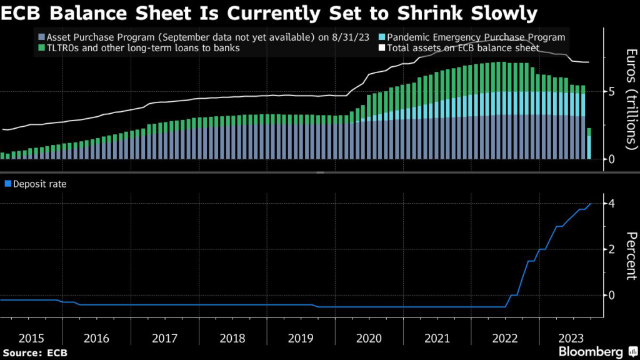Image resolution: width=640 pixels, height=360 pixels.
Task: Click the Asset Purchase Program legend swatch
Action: coord(41,37)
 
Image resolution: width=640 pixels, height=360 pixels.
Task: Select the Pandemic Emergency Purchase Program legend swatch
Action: coord(381,37)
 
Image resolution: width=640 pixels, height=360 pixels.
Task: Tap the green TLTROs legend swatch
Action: coord(41,48)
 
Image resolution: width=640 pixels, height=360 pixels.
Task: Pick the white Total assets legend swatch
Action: coord(381,48)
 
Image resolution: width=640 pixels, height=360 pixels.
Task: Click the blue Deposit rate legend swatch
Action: coord(8,184)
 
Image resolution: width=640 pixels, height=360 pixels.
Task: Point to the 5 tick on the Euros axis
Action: coord(612,91)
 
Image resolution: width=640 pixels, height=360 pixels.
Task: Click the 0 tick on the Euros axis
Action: coord(612,159)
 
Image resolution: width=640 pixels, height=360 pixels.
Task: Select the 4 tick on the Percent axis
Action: coord(612,204)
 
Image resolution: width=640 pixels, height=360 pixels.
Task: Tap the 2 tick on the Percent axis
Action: coord(612,249)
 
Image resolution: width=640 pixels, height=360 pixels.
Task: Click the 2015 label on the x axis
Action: coord(32,338)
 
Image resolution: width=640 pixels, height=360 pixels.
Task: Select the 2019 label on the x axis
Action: coord(301,338)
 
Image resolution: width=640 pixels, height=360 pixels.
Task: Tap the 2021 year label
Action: coord(437,338)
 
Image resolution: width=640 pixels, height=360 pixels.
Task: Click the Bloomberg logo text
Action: coord(591,352)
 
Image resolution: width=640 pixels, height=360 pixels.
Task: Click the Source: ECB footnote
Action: coord(34,352)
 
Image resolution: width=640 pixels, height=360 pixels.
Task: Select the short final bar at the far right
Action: coord(589,144)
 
